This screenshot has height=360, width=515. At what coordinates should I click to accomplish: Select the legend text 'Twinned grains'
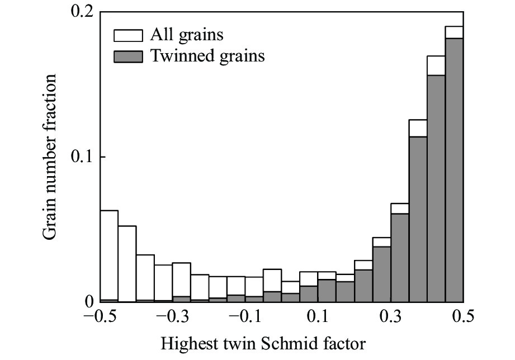(x=207, y=56)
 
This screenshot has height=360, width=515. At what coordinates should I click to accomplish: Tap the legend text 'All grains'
(x=186, y=35)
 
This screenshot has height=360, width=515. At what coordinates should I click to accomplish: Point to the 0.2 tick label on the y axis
(x=82, y=12)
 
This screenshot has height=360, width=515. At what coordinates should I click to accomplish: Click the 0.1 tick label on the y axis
(x=82, y=157)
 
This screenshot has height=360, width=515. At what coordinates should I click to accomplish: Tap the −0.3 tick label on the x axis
(x=173, y=318)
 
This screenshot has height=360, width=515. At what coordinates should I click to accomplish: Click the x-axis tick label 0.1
(x=319, y=318)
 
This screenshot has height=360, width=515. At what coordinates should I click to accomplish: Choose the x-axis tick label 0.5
(x=463, y=318)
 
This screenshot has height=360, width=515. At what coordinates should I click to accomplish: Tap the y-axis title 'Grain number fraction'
(x=52, y=158)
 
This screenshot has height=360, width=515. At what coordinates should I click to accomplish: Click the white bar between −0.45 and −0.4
(x=127, y=263)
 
